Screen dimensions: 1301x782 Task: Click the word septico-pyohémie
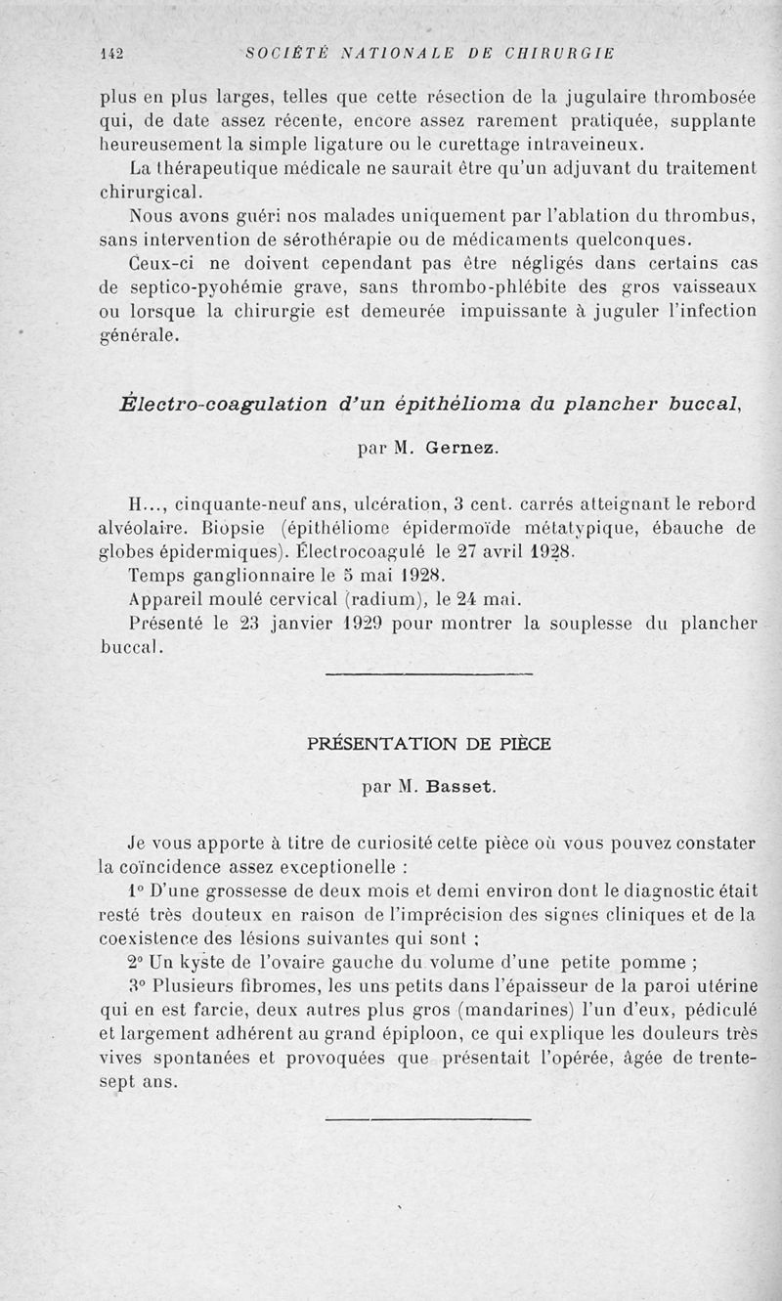point(181,288)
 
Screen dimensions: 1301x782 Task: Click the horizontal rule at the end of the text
point(428,1120)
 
